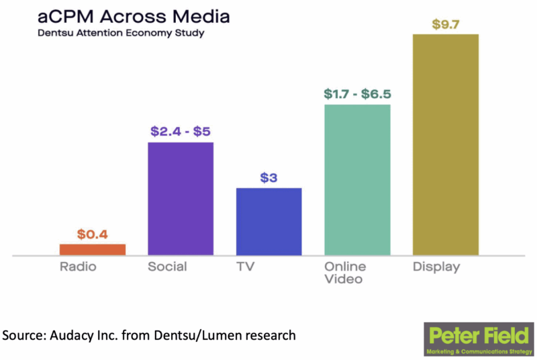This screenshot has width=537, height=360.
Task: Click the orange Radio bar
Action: pyautogui.click(x=93, y=249)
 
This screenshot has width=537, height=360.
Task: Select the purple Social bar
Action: pyautogui.click(x=181, y=198)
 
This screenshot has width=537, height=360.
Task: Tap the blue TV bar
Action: pyautogui.click(x=268, y=221)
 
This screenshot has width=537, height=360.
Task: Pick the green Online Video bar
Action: pyautogui.click(x=357, y=179)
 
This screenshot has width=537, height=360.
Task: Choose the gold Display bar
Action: pyautogui.click(x=445, y=144)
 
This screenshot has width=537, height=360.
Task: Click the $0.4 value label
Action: pyautogui.click(x=93, y=234)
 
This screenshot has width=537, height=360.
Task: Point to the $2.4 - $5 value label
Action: pyautogui.click(x=181, y=131)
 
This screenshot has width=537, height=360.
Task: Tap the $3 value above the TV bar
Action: pyautogui.click(x=268, y=178)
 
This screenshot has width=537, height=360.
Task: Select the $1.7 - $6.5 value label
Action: pyautogui.click(x=357, y=93)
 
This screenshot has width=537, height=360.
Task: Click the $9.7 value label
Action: pyautogui.click(x=445, y=25)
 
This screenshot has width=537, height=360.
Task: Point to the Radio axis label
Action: pyautogui.click(x=79, y=267)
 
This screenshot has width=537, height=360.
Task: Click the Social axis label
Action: pyautogui.click(x=167, y=267)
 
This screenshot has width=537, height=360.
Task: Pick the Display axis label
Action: pyautogui.click(x=436, y=267)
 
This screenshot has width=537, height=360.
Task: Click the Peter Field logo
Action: pyautogui.click(x=479, y=339)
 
